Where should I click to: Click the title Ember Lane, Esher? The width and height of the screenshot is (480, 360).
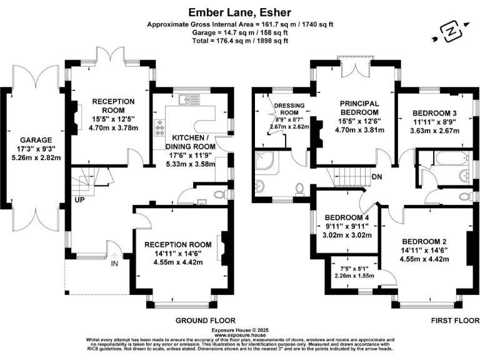click(240, 12)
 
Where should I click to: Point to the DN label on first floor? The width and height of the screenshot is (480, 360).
click(378, 177)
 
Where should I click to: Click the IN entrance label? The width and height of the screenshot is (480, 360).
click(114, 264)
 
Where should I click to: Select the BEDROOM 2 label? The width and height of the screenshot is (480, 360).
click(425, 241)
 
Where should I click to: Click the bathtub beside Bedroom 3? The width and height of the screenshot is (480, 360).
click(447, 159)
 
